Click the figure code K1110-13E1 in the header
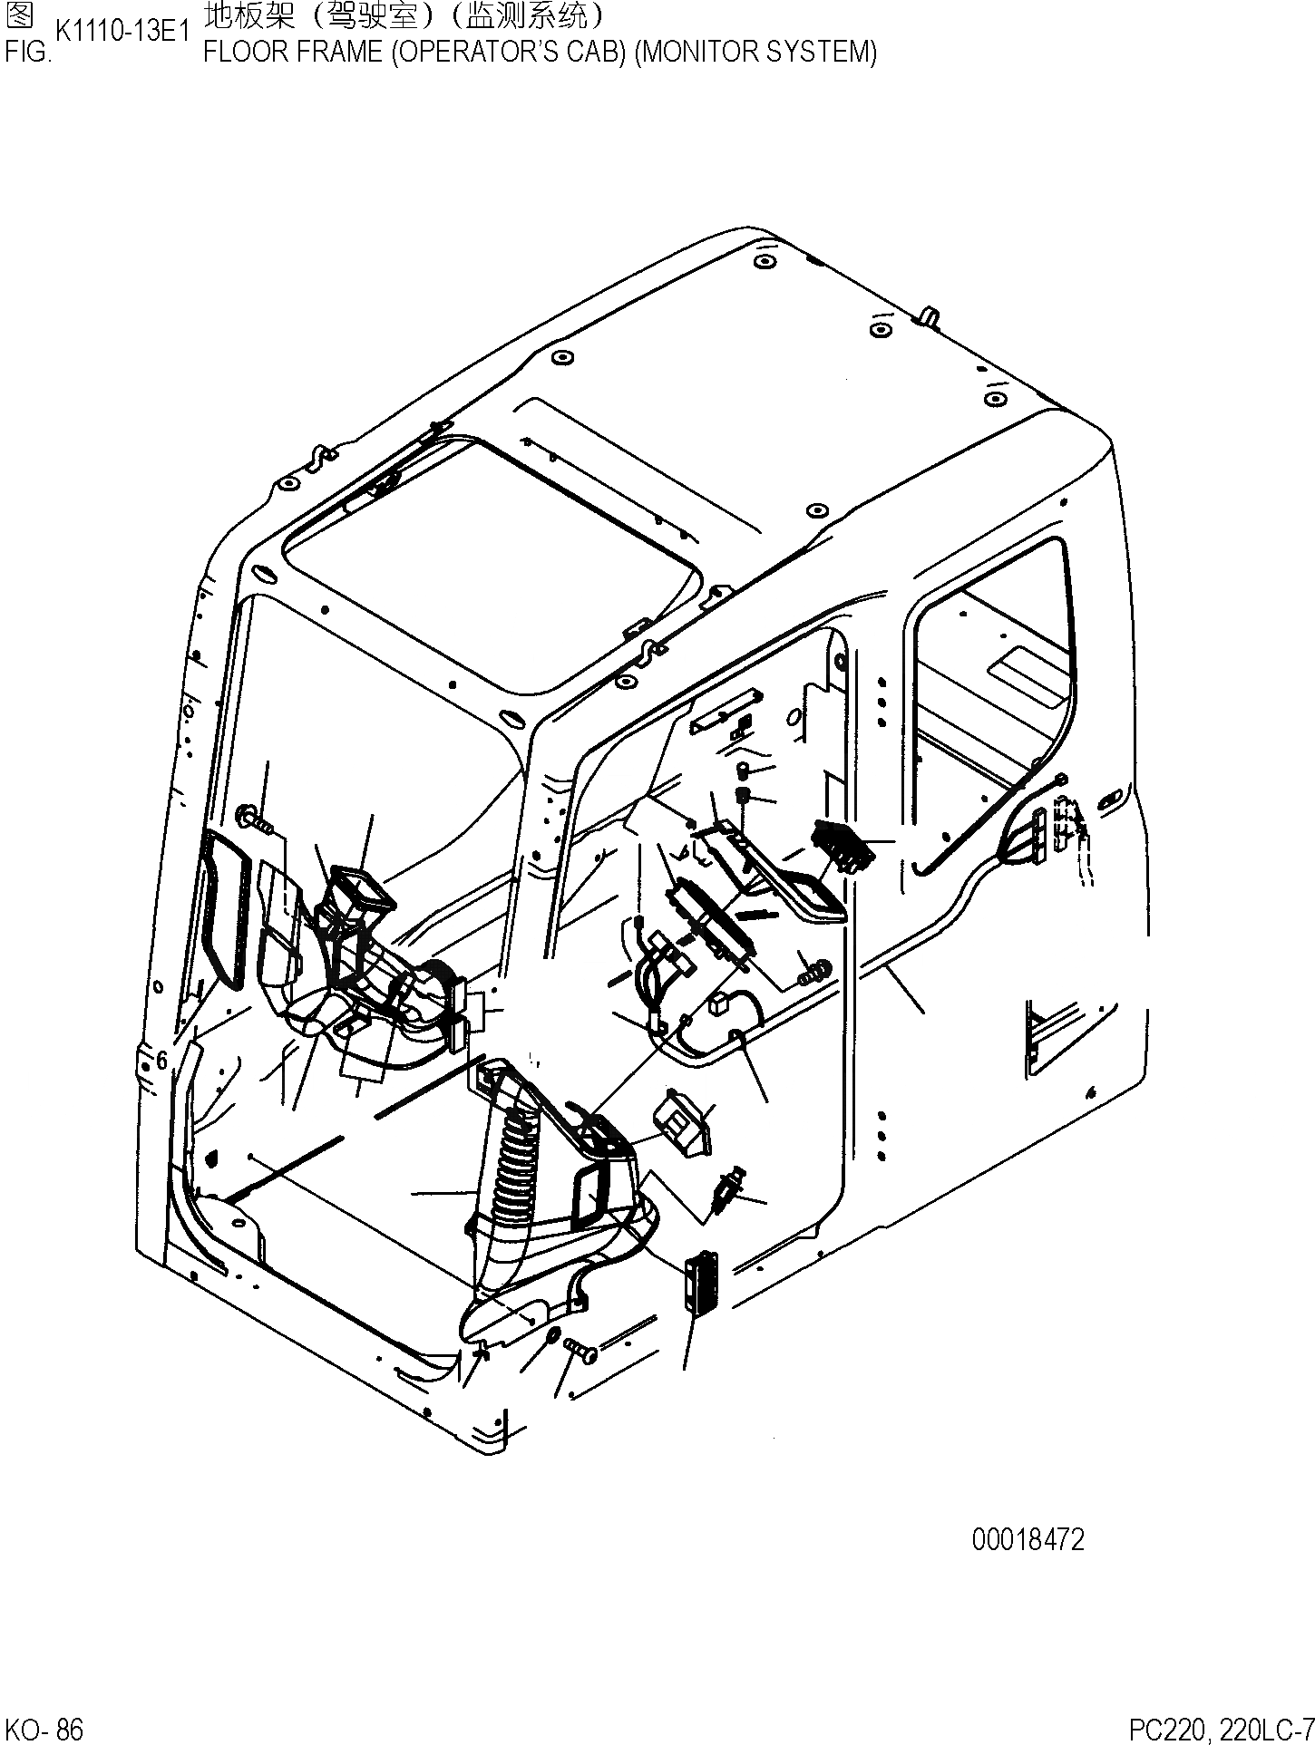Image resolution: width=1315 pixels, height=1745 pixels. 122,33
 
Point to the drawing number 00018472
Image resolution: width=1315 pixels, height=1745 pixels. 1028,1539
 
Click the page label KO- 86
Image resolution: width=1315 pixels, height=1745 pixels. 44,1730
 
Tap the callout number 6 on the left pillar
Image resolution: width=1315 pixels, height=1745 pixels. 161,1061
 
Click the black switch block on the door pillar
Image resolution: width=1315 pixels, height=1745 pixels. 843,844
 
